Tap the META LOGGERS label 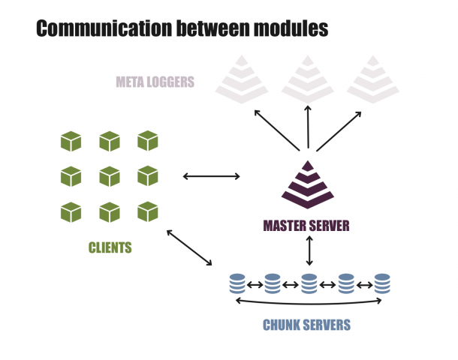pos(155,82)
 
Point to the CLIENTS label pos(110,247)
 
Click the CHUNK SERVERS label pos(306,325)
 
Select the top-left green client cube pos(71,140)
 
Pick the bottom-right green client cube pos(148,212)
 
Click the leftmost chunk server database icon pos(237,284)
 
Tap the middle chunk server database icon pos(309,284)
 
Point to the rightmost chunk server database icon pos(382,284)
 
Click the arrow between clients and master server pos(212,177)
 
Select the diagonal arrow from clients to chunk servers pos(189,247)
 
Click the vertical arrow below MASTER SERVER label pos(309,250)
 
